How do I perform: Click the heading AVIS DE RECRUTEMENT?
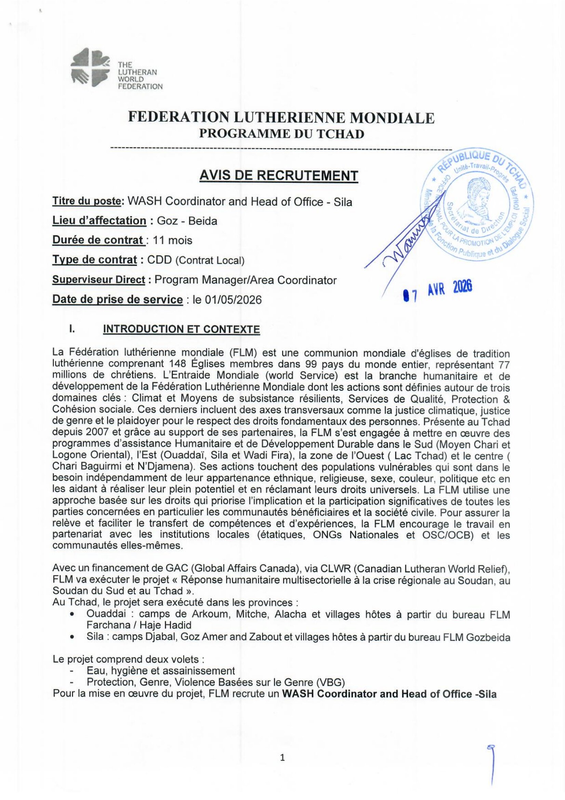click(x=279, y=175)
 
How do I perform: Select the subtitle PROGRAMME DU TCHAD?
click(x=281, y=134)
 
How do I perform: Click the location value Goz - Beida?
click(x=187, y=221)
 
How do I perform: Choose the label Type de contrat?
click(x=94, y=260)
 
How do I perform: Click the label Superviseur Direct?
click(x=98, y=280)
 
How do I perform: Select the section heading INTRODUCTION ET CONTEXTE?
click(x=181, y=330)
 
